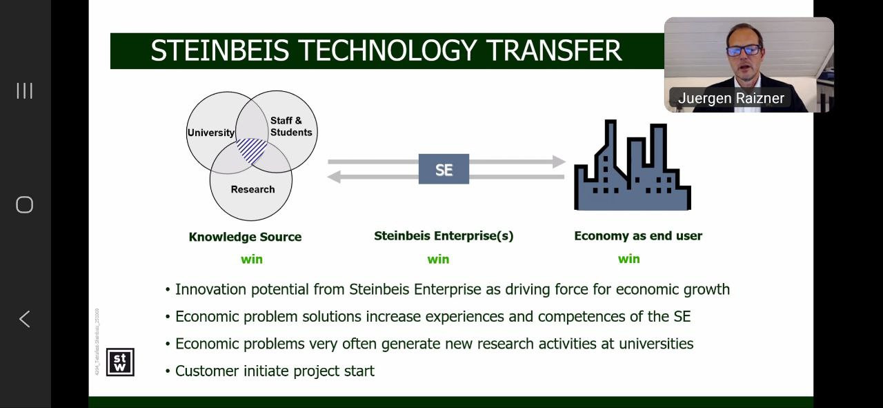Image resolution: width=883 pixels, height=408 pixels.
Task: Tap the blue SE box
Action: pos(444,169)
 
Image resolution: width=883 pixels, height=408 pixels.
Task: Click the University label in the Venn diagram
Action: pos(210,133)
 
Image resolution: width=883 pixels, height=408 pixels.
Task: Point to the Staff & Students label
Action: pos(290,126)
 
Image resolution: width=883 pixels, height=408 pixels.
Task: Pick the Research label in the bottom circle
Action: pos(252,189)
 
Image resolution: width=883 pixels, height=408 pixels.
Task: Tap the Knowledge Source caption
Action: pos(245,237)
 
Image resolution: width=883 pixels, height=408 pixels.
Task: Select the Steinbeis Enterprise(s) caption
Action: pos(444,235)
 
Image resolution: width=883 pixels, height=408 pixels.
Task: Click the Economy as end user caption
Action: pos(638,235)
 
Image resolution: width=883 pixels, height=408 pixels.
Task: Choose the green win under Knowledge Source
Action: pos(252,260)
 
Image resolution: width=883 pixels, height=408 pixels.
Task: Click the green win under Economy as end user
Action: pos(628,259)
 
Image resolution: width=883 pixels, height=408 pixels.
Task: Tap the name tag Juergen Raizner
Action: pos(731,98)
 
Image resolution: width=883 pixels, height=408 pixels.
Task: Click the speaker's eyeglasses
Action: pos(744,50)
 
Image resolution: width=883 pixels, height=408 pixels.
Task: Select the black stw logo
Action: pos(120,362)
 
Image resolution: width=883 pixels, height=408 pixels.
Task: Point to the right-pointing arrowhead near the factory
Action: pos(559,162)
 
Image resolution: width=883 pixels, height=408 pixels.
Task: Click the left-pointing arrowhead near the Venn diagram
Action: pos(334,177)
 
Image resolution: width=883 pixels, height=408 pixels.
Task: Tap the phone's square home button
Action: pos(24,204)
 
